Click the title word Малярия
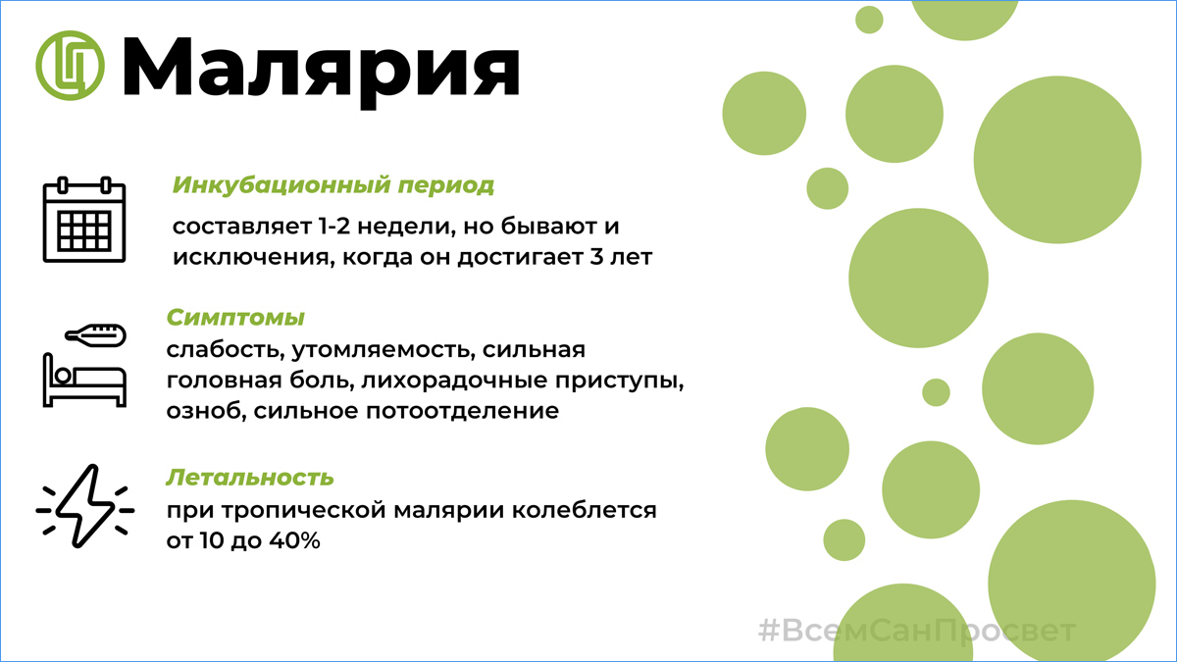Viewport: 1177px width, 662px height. coord(321,71)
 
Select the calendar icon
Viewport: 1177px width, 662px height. coord(84,220)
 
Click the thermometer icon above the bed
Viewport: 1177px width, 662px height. coord(96,334)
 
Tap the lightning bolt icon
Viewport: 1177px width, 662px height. coord(85,506)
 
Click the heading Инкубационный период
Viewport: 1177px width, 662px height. coord(333,185)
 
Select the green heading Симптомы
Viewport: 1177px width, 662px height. coord(235,318)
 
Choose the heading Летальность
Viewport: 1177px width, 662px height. coord(250,477)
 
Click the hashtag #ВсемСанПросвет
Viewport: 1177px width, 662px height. coord(917,631)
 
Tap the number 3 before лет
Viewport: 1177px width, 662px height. coord(595,257)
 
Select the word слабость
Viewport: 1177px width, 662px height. coord(226,350)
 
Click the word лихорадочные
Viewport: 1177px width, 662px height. coord(454,381)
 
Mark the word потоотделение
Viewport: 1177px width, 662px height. coord(462,411)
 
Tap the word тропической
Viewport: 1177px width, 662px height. coord(304,511)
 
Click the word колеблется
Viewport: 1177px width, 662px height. coord(585,510)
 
